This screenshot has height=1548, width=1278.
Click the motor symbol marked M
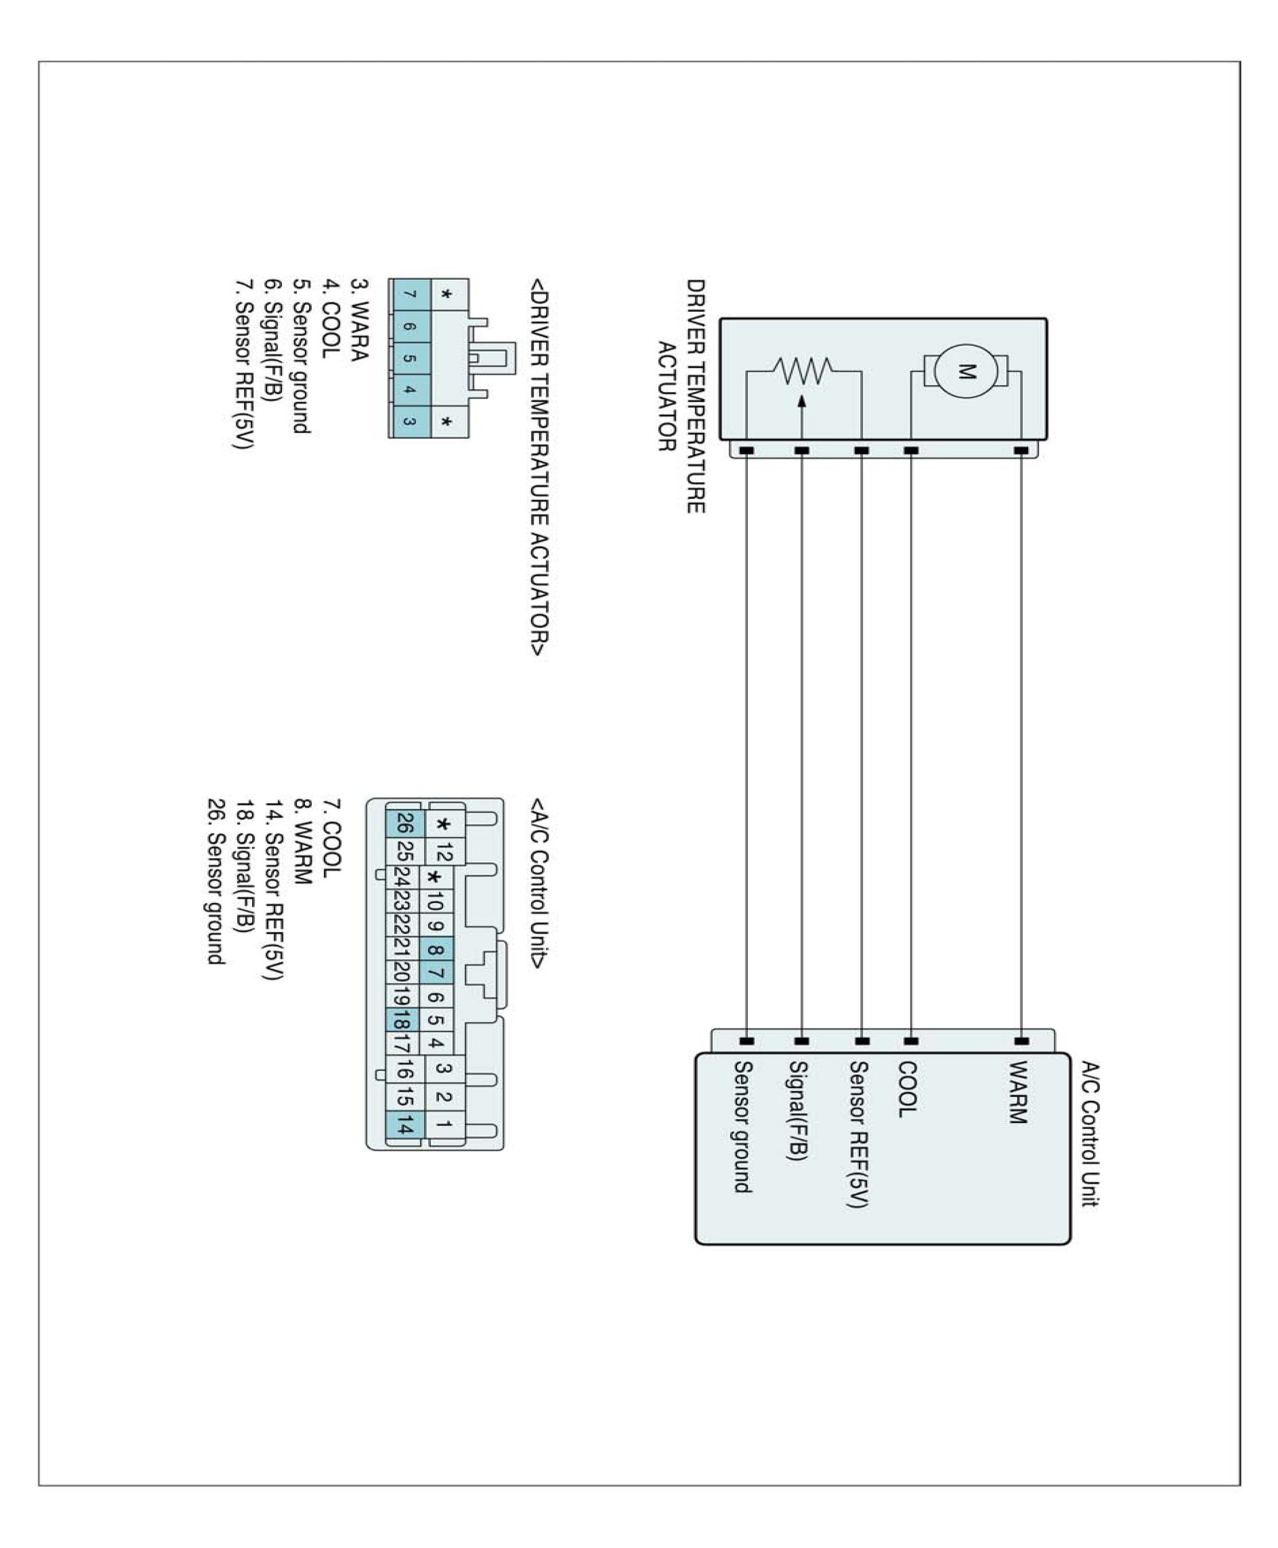(965, 371)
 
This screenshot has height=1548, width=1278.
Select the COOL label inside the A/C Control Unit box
(907, 1089)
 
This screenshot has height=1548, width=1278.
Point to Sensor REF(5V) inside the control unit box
(858, 1134)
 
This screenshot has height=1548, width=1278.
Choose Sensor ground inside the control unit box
(742, 1126)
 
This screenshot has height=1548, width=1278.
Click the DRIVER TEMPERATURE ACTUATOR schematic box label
(681, 396)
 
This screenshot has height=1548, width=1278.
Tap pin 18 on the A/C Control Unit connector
(401, 1021)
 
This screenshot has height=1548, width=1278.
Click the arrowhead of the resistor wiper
(802, 401)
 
